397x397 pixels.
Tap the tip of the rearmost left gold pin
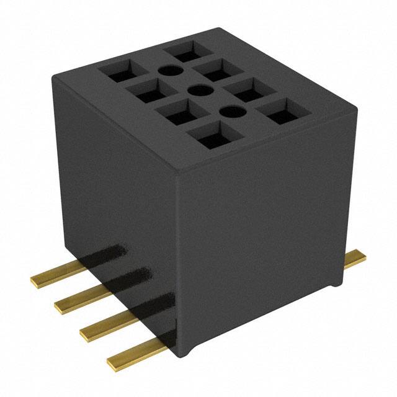point(35,281)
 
